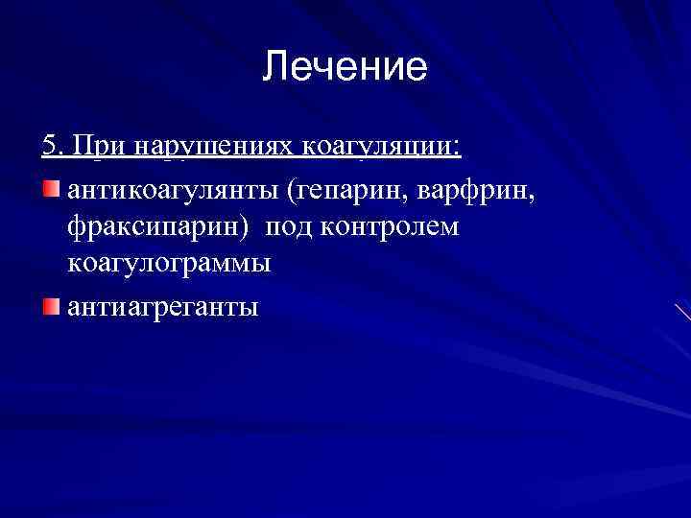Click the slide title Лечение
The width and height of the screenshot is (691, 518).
pos(345,67)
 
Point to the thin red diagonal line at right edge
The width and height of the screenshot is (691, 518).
pos(681,312)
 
